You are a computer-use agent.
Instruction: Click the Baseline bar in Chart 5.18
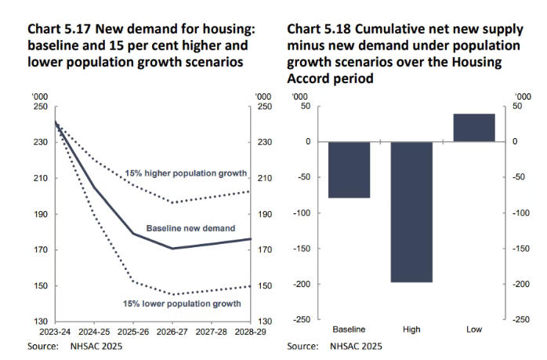coord(348,169)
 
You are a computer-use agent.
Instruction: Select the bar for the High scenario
coord(411,212)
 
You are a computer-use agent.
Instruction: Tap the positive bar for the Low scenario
coord(474,128)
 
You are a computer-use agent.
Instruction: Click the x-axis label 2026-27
coord(172,332)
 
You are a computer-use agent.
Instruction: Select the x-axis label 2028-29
coord(249,332)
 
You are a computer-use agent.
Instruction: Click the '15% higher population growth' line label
coord(187,173)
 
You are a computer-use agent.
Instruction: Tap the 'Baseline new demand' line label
coord(190,228)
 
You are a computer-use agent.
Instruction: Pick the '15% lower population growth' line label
coord(181,303)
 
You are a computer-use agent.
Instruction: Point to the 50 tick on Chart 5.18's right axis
coord(517,107)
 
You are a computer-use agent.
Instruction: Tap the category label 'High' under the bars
coord(411,329)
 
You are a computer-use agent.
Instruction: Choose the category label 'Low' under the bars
coord(474,329)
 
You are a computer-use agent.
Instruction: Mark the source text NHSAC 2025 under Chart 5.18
coord(357,346)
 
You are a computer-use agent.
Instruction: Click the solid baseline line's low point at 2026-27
coord(172,249)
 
